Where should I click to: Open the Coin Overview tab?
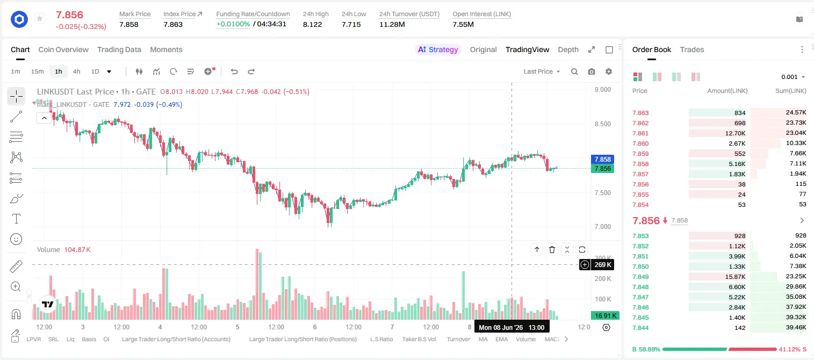point(63,49)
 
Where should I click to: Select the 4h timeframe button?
point(76,71)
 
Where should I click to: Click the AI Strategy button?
point(438,49)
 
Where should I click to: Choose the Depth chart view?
point(568,49)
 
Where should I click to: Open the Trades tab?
point(692,49)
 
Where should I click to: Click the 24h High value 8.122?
point(313,24)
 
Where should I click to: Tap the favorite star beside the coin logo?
point(40,18)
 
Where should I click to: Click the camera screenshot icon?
point(592,71)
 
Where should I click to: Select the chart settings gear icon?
point(609,71)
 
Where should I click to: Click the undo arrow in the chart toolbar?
point(234,71)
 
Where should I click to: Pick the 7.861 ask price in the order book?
point(640,133)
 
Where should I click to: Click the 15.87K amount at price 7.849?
point(735,277)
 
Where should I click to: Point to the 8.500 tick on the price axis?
point(602,124)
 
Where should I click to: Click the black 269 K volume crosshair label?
point(602,265)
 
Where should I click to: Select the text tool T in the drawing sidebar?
point(16,219)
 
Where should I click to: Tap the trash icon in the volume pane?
point(552,249)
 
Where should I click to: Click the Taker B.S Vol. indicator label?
point(419,339)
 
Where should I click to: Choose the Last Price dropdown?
point(542,71)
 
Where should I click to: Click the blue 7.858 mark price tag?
point(602,159)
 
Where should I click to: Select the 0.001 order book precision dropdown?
point(793,77)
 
